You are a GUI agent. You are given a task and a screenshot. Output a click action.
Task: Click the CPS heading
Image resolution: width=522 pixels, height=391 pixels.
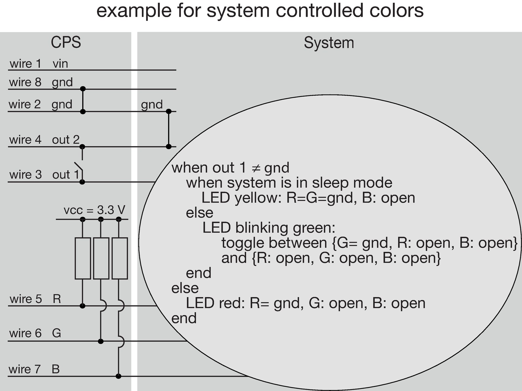click(66, 43)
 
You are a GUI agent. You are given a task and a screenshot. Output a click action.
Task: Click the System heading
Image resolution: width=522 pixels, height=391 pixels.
click(329, 43)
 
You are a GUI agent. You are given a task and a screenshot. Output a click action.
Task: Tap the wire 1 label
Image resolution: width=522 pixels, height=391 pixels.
click(26, 64)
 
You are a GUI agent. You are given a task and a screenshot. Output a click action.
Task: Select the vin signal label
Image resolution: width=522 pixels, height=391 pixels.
click(60, 64)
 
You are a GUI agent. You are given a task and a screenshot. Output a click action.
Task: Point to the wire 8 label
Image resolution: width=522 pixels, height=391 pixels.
click(25, 82)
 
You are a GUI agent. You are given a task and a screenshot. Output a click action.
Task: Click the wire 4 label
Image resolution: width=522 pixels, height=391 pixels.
click(25, 140)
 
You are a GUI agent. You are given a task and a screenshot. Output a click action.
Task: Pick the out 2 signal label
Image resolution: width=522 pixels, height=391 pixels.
click(66, 140)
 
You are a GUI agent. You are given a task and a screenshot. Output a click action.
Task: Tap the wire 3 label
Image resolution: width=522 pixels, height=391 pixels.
click(26, 175)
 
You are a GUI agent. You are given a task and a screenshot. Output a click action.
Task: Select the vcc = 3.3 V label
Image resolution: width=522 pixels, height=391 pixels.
click(94, 210)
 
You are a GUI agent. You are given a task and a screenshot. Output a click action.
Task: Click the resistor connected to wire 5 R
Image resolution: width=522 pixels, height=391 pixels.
click(83, 258)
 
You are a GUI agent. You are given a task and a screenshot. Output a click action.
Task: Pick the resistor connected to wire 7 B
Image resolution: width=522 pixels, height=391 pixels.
click(120, 258)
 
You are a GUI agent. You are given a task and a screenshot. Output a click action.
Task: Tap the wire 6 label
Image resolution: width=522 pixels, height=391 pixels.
click(26, 333)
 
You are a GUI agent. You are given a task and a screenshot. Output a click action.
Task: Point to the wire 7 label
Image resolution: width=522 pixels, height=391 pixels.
click(25, 369)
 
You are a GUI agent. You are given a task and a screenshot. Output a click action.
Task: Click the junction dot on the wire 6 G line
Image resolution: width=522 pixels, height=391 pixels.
click(101, 342)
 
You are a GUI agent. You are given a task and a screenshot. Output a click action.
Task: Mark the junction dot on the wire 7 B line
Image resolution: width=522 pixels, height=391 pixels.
click(118, 376)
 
